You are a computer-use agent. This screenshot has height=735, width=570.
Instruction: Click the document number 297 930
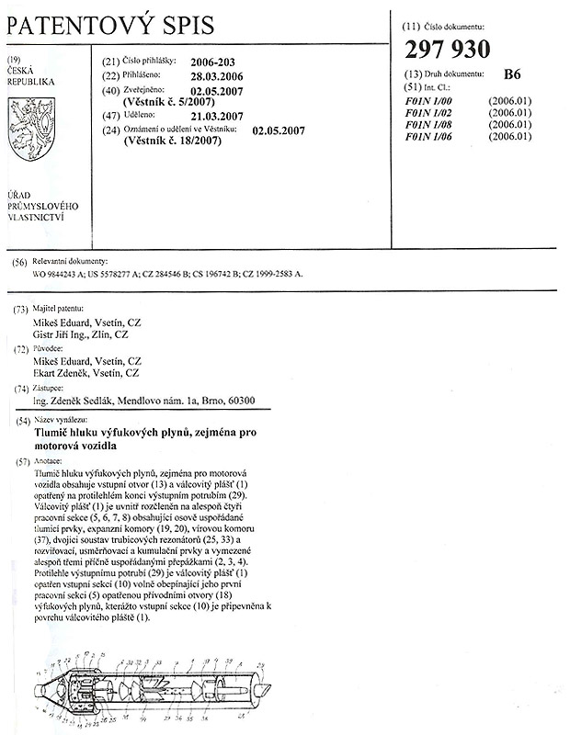pos(447,50)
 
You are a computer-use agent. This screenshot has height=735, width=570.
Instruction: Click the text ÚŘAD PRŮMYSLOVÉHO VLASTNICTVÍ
pos(42,208)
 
